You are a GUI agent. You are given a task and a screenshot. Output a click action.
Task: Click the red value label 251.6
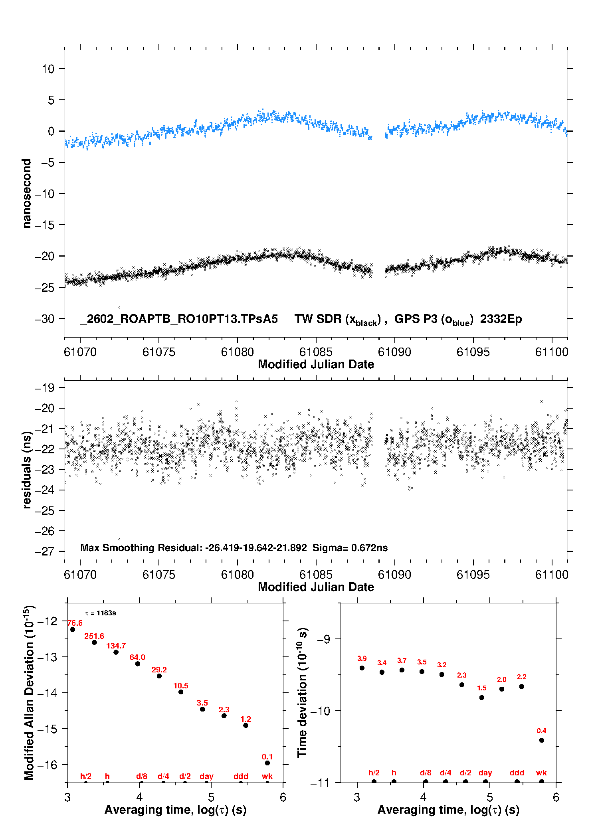click(x=94, y=636)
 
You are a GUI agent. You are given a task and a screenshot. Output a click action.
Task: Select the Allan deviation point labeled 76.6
click(x=73, y=630)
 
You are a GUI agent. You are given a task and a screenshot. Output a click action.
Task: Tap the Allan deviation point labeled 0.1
click(x=267, y=763)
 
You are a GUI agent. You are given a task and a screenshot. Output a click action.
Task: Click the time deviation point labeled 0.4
click(x=542, y=740)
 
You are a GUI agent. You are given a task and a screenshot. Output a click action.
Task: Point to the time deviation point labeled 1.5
click(x=482, y=698)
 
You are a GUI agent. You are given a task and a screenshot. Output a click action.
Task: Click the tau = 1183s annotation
click(x=101, y=613)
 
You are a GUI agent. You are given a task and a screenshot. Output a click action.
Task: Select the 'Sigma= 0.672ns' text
click(x=350, y=548)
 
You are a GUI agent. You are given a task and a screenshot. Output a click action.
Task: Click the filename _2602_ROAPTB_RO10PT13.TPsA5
click(x=179, y=319)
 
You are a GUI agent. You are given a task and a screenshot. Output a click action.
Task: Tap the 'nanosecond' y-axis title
click(x=27, y=194)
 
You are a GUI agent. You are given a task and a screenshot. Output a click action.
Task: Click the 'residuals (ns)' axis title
click(x=27, y=470)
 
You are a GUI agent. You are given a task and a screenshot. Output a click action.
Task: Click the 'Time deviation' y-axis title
click(x=302, y=692)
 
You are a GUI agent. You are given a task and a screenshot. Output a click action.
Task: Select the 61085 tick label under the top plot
click(x=316, y=352)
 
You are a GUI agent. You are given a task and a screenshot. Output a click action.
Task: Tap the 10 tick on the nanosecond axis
click(x=48, y=69)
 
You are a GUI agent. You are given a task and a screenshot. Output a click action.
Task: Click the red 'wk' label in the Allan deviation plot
click(x=267, y=776)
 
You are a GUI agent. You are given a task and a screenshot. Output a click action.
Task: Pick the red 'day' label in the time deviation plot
click(x=485, y=773)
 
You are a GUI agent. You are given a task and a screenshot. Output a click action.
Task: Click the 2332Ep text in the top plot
click(x=501, y=319)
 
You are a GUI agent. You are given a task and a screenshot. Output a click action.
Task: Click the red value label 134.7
click(x=116, y=646)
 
